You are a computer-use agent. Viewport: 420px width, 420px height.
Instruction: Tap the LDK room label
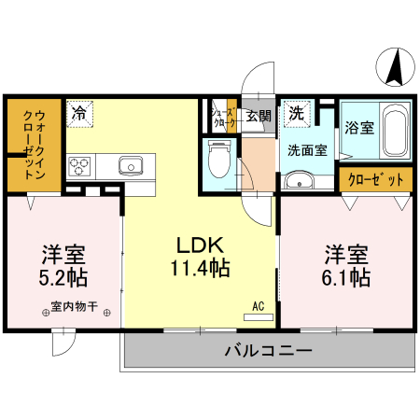click(199, 245)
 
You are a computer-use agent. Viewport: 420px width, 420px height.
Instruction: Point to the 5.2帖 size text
click(63, 277)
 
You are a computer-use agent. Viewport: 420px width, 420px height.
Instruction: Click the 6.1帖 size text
click(346, 277)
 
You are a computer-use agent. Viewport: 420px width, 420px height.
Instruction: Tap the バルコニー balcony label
click(267, 351)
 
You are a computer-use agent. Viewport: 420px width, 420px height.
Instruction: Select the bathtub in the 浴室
click(396, 132)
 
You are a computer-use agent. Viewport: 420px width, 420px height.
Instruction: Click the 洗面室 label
click(307, 149)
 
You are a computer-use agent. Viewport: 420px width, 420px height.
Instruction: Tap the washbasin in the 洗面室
click(301, 181)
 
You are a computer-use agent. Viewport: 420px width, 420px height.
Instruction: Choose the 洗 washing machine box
click(295, 113)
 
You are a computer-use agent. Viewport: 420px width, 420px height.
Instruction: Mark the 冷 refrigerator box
click(79, 113)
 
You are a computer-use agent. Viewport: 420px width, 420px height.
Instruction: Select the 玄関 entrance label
click(259, 117)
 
